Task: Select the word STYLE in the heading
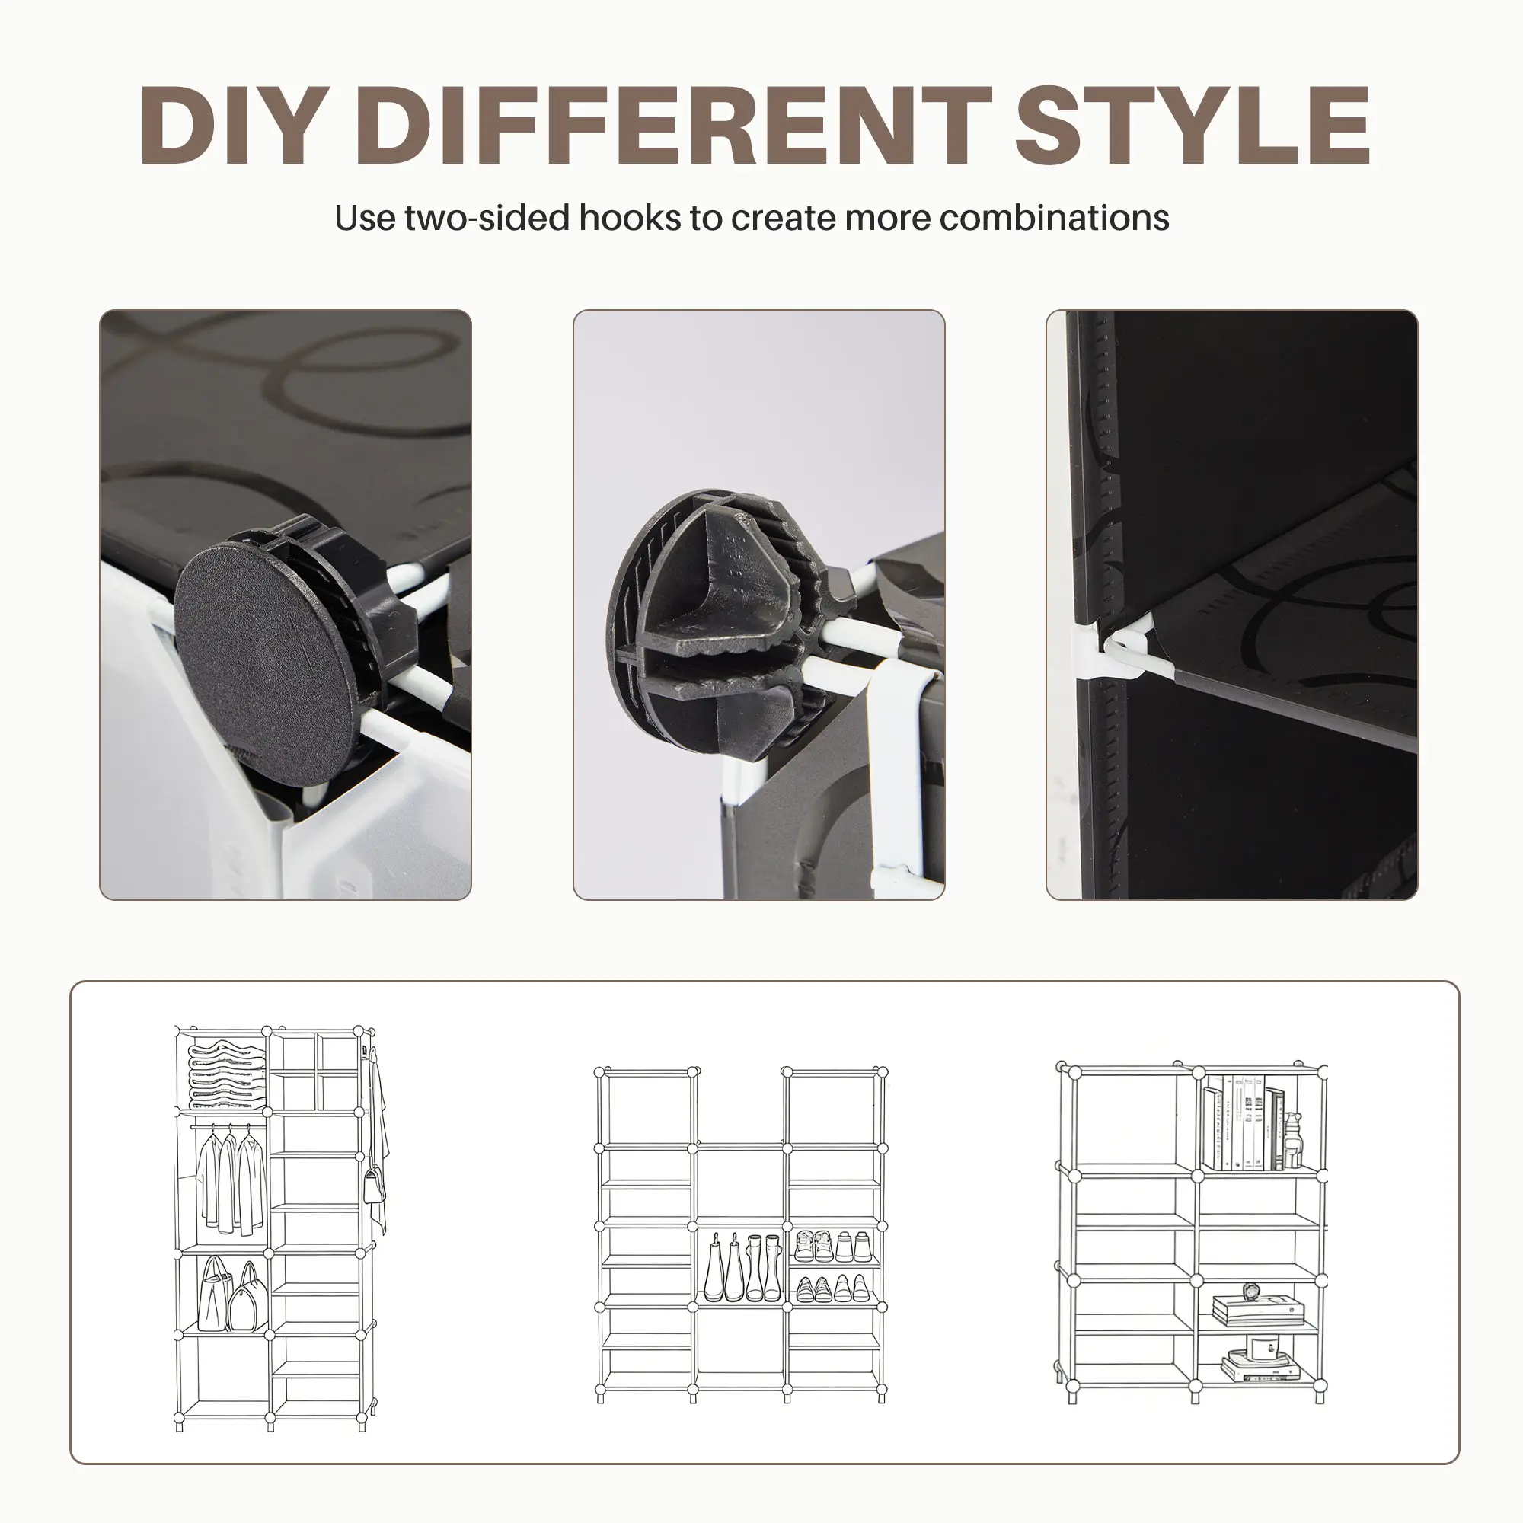[x=1192, y=126]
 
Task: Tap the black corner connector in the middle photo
[x=721, y=623]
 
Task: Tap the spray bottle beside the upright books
[x=1293, y=1141]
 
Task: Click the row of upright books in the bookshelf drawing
[x=1244, y=1123]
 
